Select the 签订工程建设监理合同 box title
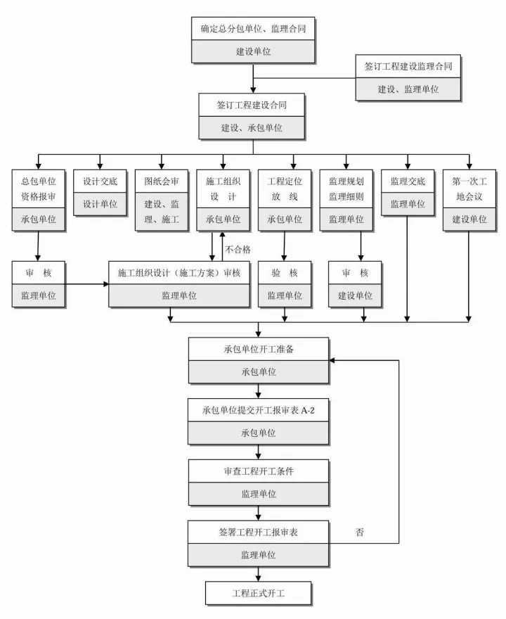click(x=408, y=66)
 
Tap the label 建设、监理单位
click(x=408, y=89)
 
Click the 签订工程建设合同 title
click(x=252, y=105)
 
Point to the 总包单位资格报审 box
click(x=39, y=189)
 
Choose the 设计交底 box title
click(x=100, y=181)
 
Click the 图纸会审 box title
click(x=162, y=181)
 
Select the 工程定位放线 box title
click(x=285, y=189)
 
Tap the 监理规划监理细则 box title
click(x=346, y=189)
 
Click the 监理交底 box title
click(x=408, y=181)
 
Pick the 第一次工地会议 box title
click(x=469, y=189)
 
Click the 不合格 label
click(x=238, y=249)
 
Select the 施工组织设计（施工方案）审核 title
click(x=179, y=273)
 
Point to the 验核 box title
click(x=285, y=273)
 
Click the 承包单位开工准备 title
click(x=258, y=349)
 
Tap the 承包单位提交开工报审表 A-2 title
click(x=258, y=409)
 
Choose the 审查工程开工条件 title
click(x=258, y=471)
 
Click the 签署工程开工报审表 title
click(x=258, y=532)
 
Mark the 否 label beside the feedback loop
click(x=360, y=532)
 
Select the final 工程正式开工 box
click(x=258, y=593)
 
